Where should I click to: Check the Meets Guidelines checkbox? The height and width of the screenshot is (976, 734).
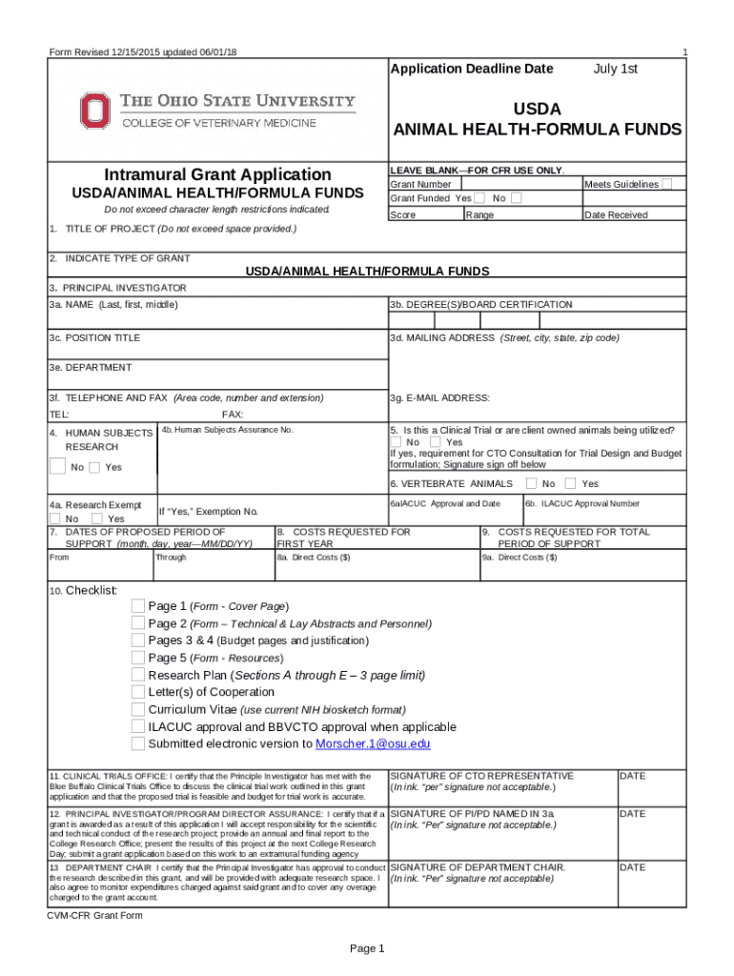pyautogui.click(x=668, y=183)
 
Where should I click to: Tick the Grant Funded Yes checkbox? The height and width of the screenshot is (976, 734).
pyautogui.click(x=481, y=198)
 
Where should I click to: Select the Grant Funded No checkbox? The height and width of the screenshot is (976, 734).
pyautogui.click(x=516, y=198)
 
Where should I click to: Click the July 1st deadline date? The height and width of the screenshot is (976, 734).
pyautogui.click(x=615, y=69)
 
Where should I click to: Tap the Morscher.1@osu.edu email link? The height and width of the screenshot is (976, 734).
pyautogui.click(x=373, y=743)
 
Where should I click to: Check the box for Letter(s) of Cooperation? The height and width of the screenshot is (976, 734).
pyautogui.click(x=138, y=692)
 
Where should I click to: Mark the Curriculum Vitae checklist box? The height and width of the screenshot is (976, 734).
pyautogui.click(x=138, y=709)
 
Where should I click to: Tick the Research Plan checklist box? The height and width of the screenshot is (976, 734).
pyautogui.click(x=138, y=675)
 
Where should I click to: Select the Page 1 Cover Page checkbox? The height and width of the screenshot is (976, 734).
pyautogui.click(x=138, y=606)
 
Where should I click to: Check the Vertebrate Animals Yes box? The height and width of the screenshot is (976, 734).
pyautogui.click(x=571, y=483)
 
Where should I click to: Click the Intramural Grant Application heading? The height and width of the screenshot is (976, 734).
pyautogui.click(x=218, y=174)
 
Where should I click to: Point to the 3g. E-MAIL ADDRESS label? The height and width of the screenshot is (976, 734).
pyautogui.click(x=439, y=397)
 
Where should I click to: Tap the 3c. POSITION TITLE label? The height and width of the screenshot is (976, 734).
pyautogui.click(x=94, y=338)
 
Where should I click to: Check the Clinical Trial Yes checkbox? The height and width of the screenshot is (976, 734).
pyautogui.click(x=435, y=441)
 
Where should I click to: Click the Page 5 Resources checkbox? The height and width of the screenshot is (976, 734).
pyautogui.click(x=138, y=658)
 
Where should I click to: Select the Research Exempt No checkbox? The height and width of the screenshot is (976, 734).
pyautogui.click(x=54, y=518)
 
